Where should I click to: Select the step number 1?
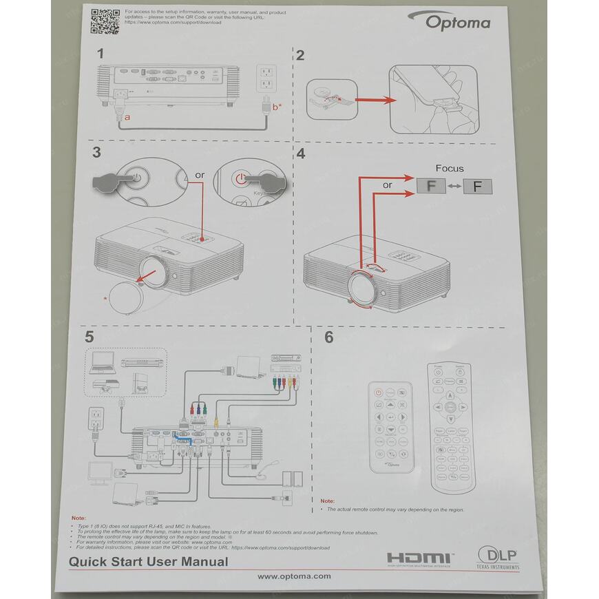[101, 53]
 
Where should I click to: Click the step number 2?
[299, 56]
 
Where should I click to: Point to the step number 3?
[96, 153]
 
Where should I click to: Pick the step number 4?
[300, 154]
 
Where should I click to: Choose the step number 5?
[89, 337]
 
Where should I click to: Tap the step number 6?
[328, 337]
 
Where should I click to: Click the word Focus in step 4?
[450, 168]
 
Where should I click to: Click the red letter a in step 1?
[126, 117]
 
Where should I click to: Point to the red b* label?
[276, 107]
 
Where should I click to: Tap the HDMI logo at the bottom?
[418, 558]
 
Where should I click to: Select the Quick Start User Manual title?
[148, 561]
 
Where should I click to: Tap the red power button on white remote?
[378, 393]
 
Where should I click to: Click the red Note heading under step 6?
[328, 501]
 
